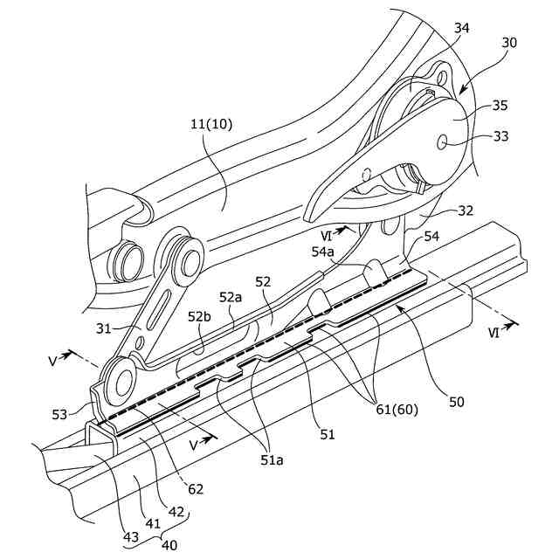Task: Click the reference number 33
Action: click(x=501, y=136)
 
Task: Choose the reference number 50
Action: click(x=457, y=402)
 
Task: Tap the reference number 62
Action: click(x=195, y=488)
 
